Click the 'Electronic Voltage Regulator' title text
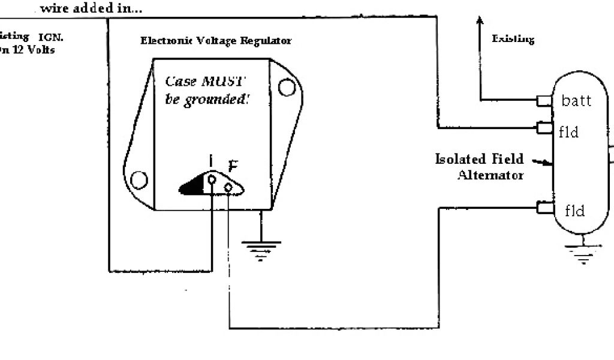click(x=216, y=41)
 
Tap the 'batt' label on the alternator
click(x=576, y=101)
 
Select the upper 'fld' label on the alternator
click(x=568, y=131)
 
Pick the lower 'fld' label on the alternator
click(x=574, y=210)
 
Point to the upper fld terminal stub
click(x=544, y=127)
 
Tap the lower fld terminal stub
click(x=544, y=208)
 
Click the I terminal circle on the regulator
click(x=212, y=179)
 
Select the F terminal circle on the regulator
click(x=228, y=188)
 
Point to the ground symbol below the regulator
click(x=261, y=248)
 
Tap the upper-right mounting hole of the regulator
click(x=285, y=88)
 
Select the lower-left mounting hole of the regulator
click(x=139, y=179)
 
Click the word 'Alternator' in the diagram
click(x=490, y=175)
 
